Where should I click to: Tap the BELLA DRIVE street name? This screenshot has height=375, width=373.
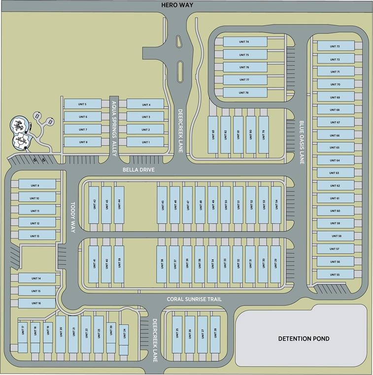pyautogui.click(x=138, y=170)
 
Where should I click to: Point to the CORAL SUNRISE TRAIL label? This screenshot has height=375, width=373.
pyautogui.click(x=194, y=299)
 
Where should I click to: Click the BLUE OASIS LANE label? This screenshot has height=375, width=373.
pyautogui.click(x=302, y=142)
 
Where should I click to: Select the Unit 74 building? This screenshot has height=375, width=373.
pyautogui.click(x=244, y=42)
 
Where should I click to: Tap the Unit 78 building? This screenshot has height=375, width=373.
pyautogui.click(x=244, y=93)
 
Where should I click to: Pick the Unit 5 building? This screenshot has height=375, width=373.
pyautogui.click(x=82, y=104)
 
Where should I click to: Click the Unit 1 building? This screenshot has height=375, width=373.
pyautogui.click(x=145, y=142)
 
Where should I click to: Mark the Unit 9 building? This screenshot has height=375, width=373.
pyautogui.click(x=34, y=185)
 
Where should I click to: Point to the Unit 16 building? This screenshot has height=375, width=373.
pyautogui.click(x=36, y=303)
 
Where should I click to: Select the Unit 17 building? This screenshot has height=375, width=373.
pyautogui.click(x=23, y=333)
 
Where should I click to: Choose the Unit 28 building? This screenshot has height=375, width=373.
pyautogui.click(x=215, y=334)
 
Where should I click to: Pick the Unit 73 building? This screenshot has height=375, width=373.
pyautogui.click(x=336, y=46)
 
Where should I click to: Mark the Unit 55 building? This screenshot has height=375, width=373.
pyautogui.click(x=336, y=274)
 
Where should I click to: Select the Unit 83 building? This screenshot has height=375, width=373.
pyautogui.click(x=213, y=134)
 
